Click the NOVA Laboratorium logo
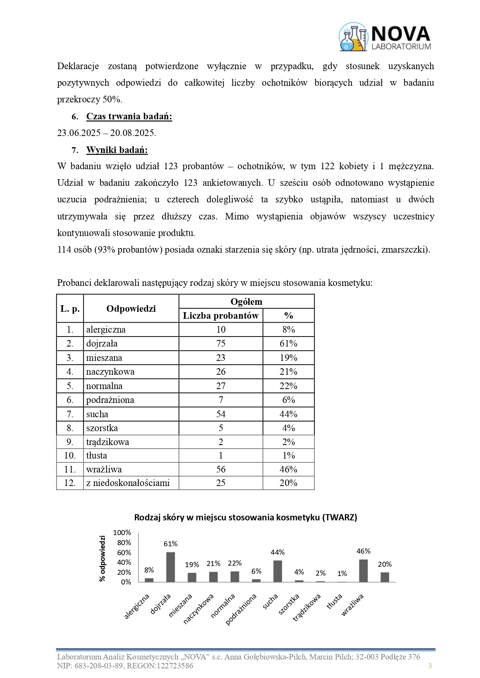385,37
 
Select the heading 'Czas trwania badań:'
129,116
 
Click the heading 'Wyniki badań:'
117,150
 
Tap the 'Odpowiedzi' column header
131,309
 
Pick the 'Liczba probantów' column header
220,316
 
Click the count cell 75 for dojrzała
220,343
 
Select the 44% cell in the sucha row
288,414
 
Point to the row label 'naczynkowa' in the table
110,372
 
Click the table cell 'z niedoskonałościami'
128,483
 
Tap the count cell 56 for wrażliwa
220,469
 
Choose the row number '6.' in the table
70,400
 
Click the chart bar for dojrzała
171,567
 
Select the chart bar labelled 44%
278,571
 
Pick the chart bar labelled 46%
363,571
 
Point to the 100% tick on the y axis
122,533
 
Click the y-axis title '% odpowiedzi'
102,558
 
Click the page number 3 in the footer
430,666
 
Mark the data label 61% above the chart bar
171,544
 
